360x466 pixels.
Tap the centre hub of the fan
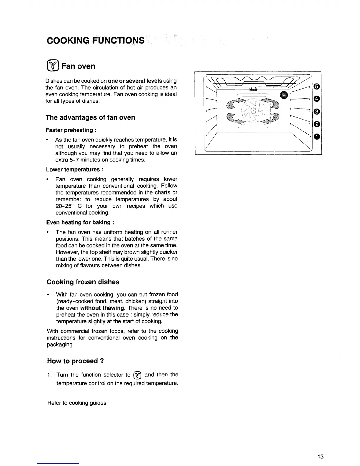(x=253, y=111)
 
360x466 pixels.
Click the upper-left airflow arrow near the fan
(x=234, y=103)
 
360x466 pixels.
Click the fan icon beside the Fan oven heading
(x=55, y=66)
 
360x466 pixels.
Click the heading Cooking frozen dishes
(x=83, y=282)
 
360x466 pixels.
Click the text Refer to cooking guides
(x=77, y=403)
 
